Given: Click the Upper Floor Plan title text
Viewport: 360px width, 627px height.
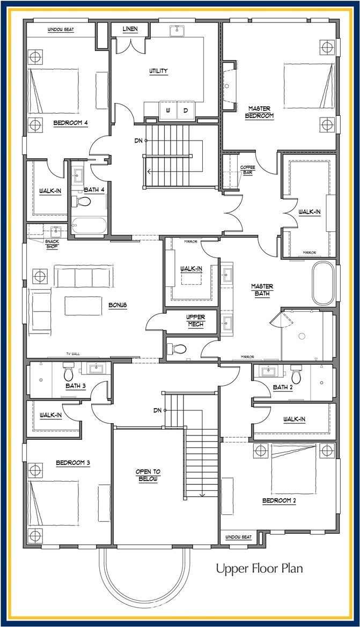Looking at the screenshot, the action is (x=259, y=568).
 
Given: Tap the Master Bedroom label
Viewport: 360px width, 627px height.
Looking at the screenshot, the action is (x=259, y=112).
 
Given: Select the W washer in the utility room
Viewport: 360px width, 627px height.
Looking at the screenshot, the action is (x=168, y=110).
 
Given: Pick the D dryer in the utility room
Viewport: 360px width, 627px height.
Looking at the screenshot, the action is (x=186, y=110).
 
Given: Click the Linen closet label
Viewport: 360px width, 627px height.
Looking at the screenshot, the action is (x=130, y=29).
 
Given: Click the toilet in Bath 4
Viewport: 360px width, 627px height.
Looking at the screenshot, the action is (x=81, y=202).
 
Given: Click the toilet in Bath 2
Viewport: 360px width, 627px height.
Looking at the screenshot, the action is (x=296, y=374).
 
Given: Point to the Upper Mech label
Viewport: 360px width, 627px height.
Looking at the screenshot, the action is (x=196, y=321).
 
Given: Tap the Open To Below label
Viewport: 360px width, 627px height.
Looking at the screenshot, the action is (x=148, y=475).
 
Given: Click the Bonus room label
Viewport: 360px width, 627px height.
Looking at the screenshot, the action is (x=117, y=305).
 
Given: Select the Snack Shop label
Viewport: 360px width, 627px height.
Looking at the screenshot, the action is (x=52, y=245).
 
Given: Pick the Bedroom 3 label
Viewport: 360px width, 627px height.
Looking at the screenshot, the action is (x=73, y=463).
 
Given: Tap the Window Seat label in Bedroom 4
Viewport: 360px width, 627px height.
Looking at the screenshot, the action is (x=61, y=29).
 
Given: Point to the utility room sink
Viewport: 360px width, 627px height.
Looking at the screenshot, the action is (x=177, y=31).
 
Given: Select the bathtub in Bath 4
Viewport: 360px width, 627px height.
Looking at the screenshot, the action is (x=89, y=227).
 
